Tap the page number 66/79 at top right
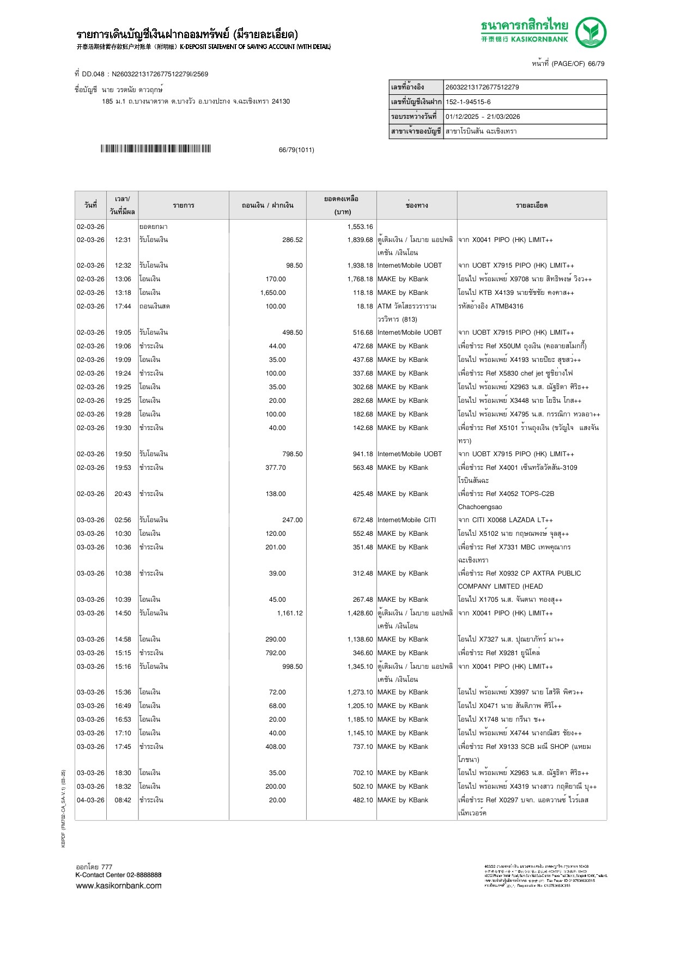pos(596,64)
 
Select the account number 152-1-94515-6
pos(468,102)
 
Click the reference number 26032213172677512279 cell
pos(482,87)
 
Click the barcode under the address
pos(155,149)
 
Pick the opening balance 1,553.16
pos(360,227)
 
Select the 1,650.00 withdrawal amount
pos(273,293)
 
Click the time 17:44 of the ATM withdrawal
pos(123,306)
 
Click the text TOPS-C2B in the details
pos(537,494)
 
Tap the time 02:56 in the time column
pos(123,520)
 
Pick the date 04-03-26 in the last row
pos(90,800)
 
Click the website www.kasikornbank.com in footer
pos(119,886)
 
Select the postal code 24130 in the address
pos(281,101)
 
